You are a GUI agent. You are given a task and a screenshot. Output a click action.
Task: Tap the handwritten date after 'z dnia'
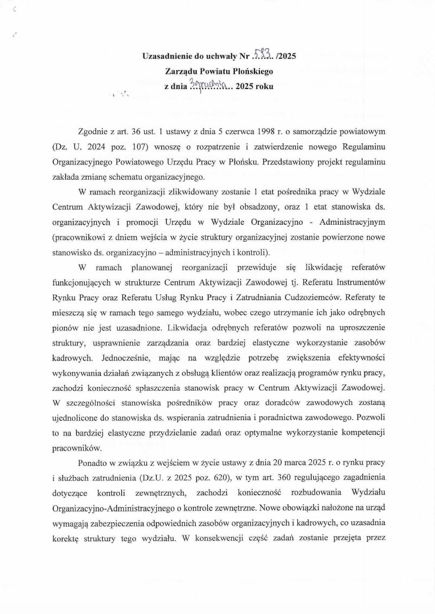207,84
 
